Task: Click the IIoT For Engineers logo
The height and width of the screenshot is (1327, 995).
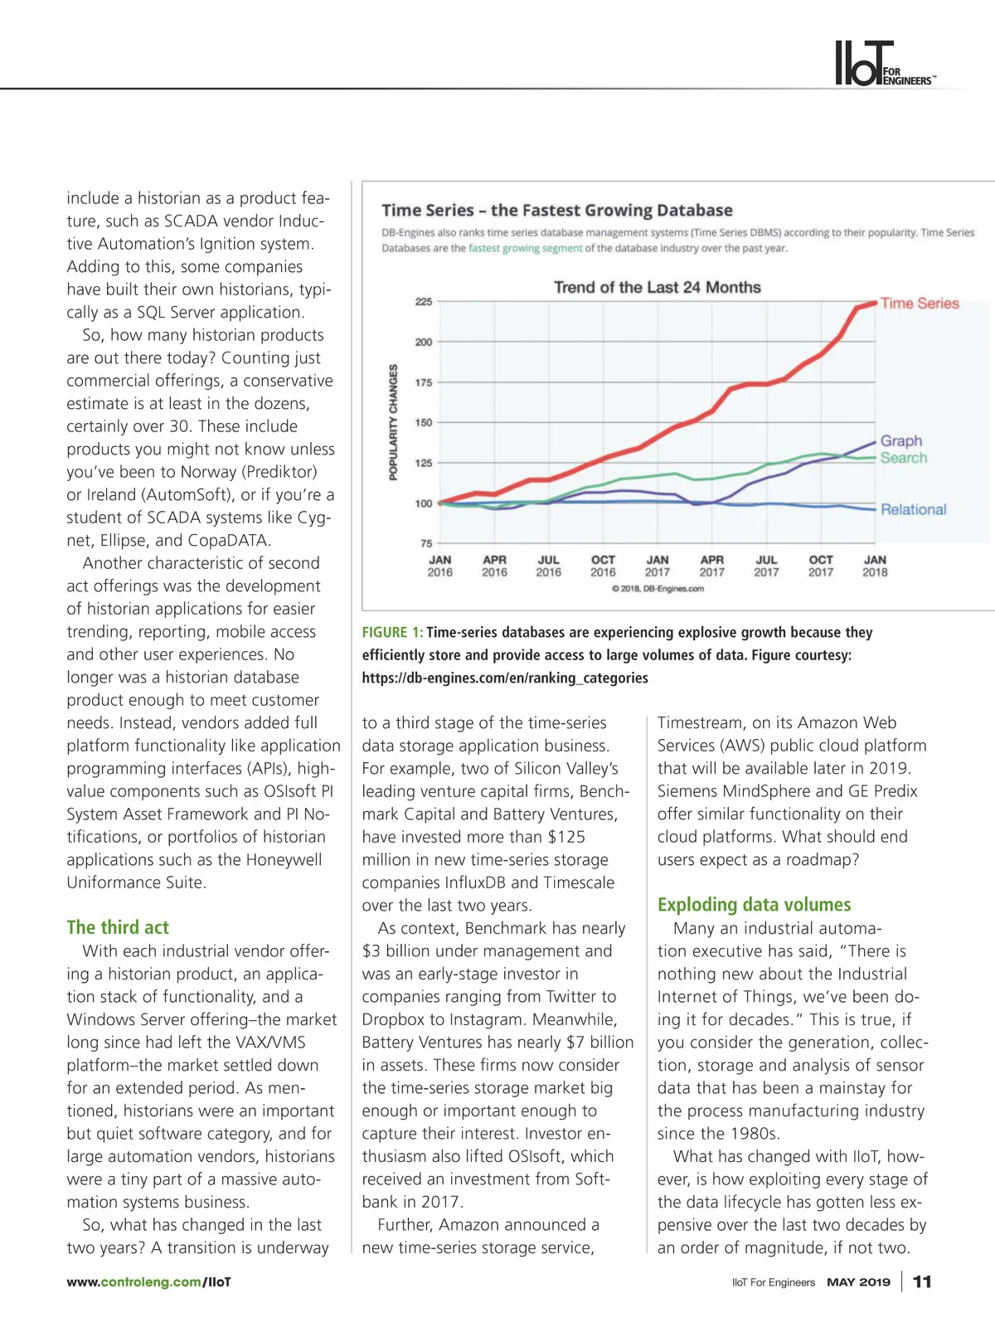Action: tap(883, 64)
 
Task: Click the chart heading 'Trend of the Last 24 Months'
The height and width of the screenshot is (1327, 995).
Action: tap(658, 288)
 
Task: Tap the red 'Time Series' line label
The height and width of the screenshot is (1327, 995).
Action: tap(920, 304)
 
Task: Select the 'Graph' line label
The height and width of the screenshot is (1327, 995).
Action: tap(901, 441)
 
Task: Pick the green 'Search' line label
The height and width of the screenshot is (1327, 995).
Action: tap(904, 458)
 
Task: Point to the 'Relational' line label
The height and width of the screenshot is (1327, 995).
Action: tap(913, 509)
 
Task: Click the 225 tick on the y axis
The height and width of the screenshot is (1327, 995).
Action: tap(424, 302)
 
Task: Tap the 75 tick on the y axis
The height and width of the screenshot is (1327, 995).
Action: tap(426, 543)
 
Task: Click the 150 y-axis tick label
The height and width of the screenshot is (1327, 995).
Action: tap(424, 422)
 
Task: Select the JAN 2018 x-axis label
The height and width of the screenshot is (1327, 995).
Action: tap(875, 566)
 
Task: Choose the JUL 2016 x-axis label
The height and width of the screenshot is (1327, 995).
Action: tap(548, 566)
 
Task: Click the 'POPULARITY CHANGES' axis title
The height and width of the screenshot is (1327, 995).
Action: tap(394, 422)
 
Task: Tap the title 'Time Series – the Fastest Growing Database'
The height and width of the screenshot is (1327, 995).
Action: tap(557, 211)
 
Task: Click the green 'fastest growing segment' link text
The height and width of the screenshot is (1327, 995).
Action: tap(525, 248)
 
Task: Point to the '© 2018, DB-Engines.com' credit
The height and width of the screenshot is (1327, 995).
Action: tap(658, 589)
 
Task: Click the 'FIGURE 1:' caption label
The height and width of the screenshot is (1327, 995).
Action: tap(392, 633)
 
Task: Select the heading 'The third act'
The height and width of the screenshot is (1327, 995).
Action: tap(118, 927)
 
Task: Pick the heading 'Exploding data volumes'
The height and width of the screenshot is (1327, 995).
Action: tap(754, 905)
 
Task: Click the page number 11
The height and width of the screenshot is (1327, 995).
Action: tap(922, 1282)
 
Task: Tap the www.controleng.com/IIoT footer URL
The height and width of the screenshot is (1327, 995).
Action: tap(149, 1282)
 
